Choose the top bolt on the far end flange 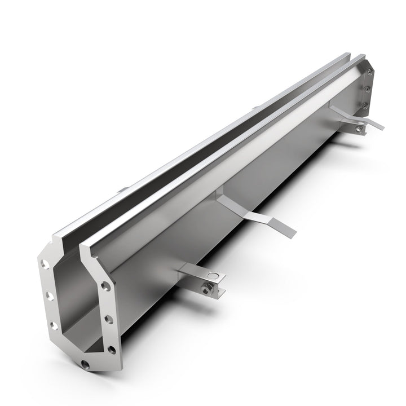(x=369, y=72)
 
